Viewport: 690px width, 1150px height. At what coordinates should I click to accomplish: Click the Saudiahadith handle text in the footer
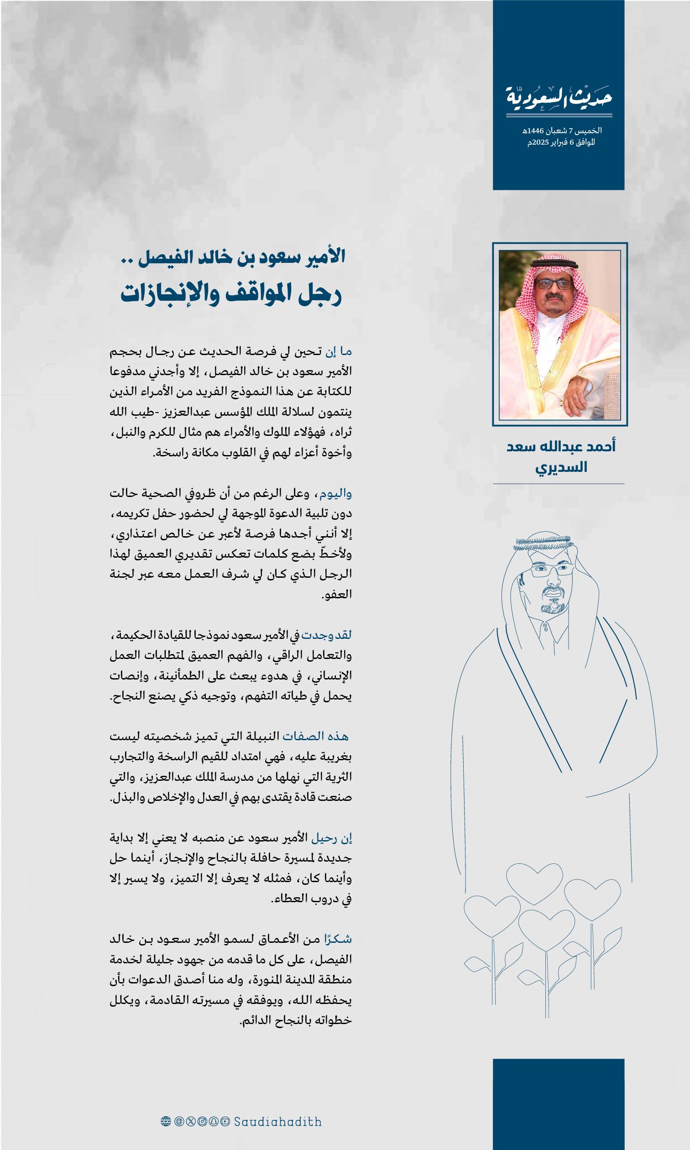click(x=277, y=1122)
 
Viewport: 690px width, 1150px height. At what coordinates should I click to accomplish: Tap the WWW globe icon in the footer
click(x=166, y=1122)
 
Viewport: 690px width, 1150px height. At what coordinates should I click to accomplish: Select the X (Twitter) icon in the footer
click(x=191, y=1122)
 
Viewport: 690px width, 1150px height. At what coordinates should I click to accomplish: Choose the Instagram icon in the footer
click(x=202, y=1122)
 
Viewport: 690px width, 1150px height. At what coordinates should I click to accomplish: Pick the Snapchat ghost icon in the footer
click(x=214, y=1122)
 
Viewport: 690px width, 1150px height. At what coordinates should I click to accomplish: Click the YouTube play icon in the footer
click(x=225, y=1122)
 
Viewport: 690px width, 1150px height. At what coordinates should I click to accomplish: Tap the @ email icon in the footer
click(x=179, y=1122)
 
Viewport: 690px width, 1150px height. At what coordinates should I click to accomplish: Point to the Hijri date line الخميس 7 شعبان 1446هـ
click(x=562, y=131)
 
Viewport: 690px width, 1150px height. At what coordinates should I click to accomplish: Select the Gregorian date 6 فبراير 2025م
click(x=561, y=142)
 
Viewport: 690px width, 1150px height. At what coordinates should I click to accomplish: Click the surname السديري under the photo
click(x=561, y=467)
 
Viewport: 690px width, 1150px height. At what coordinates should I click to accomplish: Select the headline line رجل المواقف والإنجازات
click(x=231, y=294)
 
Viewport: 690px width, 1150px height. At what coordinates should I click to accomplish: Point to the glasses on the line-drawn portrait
click(x=552, y=569)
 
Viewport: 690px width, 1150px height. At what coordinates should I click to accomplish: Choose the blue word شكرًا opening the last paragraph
click(x=338, y=940)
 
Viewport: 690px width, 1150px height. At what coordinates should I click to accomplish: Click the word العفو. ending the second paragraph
click(x=337, y=595)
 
